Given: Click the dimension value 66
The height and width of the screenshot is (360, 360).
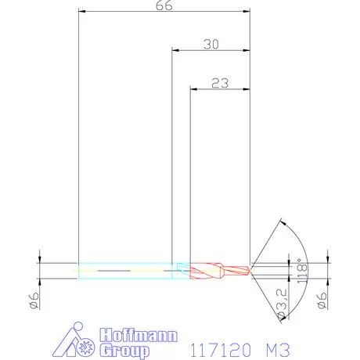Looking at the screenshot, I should point(164,6).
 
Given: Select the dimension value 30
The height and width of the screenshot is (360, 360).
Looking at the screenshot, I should point(211,45).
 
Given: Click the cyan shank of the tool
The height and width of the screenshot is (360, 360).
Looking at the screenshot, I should point(125,269).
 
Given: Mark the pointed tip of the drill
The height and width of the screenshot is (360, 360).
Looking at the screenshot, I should point(250,270).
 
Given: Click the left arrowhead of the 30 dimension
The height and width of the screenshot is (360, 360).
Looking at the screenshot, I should point(175,51).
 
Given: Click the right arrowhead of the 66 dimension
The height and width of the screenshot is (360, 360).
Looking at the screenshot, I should point(247,13).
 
